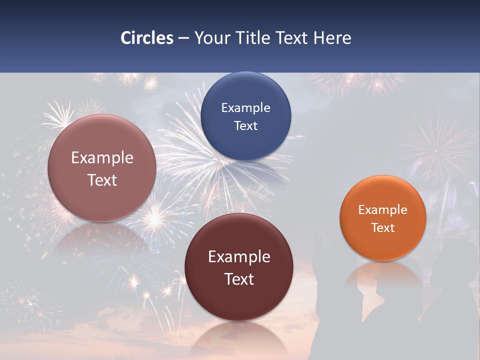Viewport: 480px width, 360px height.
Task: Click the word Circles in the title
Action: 147,38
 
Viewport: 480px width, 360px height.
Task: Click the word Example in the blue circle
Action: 245,108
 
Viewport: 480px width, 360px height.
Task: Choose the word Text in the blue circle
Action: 245,126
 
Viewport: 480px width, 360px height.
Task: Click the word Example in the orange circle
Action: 383,210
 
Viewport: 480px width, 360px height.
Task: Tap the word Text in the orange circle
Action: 383,228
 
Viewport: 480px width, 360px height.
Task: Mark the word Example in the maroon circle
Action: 239,257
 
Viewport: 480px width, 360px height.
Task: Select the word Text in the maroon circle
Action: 239,279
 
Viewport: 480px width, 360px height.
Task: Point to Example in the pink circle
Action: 102,158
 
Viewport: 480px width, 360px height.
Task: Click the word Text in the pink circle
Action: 102,180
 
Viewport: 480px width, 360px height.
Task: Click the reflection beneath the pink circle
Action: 102,240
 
